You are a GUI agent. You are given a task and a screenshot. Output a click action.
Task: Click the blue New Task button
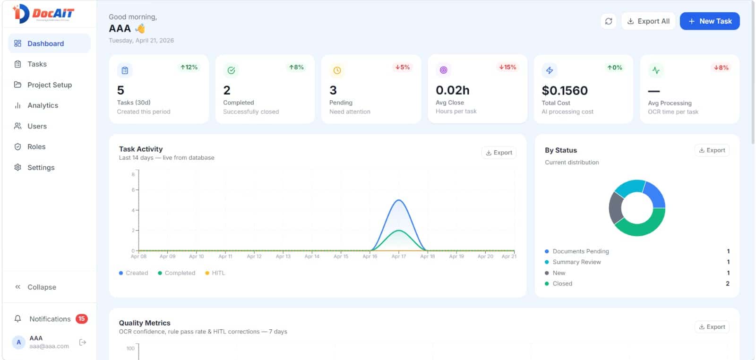[x=709, y=21]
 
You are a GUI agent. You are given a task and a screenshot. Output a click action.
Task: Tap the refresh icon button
[x=609, y=21]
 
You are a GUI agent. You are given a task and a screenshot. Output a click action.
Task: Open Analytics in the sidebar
[x=43, y=105]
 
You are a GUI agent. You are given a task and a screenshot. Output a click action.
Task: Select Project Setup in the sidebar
[x=49, y=85]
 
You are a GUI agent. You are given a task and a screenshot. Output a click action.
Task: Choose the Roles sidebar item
[x=36, y=146]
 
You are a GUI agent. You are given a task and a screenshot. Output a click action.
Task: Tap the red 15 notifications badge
[x=82, y=318]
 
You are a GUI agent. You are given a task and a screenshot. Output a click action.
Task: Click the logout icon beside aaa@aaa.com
[x=83, y=342]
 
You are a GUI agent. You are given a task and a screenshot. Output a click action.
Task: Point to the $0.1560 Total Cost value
[x=565, y=90]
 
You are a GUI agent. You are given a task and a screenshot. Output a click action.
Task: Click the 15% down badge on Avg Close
[x=507, y=67]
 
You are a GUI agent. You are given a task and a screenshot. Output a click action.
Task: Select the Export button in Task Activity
[x=499, y=153]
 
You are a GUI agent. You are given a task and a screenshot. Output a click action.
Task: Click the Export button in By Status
[x=712, y=150]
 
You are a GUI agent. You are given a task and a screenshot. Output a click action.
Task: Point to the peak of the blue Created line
[x=399, y=200]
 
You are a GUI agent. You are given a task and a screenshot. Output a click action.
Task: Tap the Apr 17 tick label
[x=398, y=257]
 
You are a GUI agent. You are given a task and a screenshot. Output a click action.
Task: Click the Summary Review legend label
[x=576, y=262]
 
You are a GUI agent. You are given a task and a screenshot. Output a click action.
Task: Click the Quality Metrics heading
[x=145, y=323]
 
